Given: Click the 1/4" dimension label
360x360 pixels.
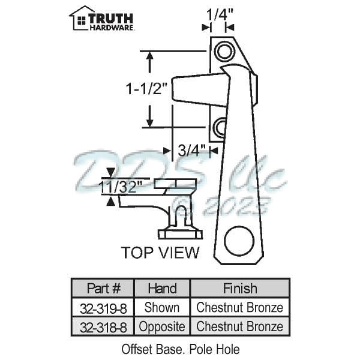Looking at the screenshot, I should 218,12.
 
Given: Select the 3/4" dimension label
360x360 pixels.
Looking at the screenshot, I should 193,150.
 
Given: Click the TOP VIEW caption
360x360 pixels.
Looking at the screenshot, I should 160,252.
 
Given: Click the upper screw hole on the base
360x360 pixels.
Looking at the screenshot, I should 224,52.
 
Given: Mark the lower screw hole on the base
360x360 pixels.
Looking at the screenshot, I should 221,127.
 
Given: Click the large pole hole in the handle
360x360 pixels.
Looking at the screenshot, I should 239,241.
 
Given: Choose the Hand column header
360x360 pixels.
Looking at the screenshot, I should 162,289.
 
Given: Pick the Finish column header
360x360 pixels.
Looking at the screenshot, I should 240,289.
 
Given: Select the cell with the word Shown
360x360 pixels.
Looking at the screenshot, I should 162,308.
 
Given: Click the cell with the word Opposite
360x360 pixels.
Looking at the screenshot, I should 162,327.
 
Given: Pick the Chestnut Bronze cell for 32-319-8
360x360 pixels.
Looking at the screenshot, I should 240,308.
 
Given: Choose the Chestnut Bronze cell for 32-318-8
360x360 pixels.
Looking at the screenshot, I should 240,327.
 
